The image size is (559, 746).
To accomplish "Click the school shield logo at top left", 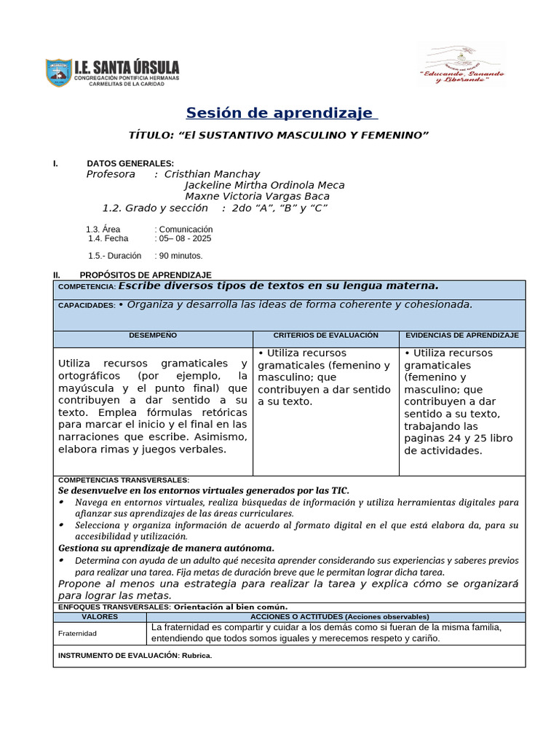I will click(58, 73).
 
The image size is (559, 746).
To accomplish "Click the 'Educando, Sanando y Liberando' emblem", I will click(461, 65).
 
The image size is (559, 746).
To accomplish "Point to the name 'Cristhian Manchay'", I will click(212, 174).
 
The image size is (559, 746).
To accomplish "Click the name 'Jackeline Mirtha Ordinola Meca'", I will click(264, 185).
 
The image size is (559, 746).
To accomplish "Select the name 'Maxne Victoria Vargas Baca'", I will click(257, 196).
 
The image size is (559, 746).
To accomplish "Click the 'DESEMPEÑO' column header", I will click(153, 335).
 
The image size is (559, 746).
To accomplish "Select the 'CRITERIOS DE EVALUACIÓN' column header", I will click(325, 335).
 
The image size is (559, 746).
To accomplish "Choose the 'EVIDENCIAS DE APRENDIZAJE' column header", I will click(461, 335).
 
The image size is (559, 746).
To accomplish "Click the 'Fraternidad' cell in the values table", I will click(78, 633).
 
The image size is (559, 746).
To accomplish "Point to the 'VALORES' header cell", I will click(100, 616).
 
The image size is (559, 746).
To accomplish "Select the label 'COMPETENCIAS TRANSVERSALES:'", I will click(123, 480).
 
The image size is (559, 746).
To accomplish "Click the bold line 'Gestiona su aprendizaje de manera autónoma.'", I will click(166, 547).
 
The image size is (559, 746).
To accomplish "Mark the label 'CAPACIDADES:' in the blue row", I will click(86, 306).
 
